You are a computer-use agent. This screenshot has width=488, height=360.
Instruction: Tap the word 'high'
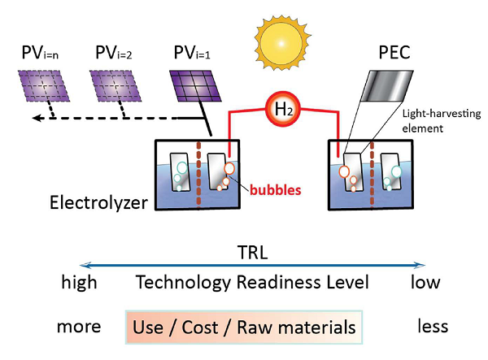click(x=79, y=283)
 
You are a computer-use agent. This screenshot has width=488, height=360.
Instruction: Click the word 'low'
click(x=424, y=283)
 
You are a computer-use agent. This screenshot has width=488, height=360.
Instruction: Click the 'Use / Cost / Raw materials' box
click(x=244, y=327)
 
